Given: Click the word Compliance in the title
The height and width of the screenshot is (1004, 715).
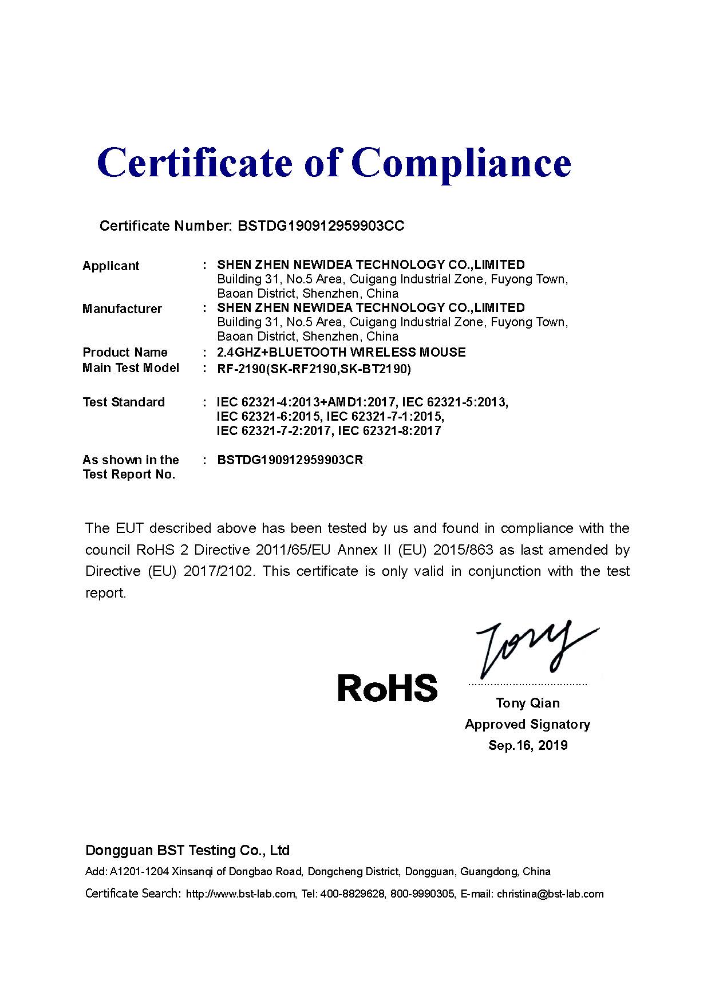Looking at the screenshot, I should [x=464, y=163].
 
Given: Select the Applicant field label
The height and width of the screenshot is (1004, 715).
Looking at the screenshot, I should [x=110, y=266].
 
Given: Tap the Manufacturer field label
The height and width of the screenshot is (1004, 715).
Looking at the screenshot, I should [x=122, y=309].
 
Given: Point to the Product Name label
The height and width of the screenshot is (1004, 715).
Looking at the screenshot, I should [x=125, y=352].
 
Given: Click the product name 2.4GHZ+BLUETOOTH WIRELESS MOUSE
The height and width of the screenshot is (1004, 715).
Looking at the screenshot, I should [x=341, y=352].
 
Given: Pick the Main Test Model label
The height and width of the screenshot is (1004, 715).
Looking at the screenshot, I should [x=131, y=367].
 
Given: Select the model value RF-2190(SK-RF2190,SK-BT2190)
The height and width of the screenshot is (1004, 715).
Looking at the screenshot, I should [x=314, y=369].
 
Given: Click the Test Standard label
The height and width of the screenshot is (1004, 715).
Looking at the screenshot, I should [x=124, y=402].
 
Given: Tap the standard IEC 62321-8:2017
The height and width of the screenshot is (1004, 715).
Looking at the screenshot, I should [x=390, y=430].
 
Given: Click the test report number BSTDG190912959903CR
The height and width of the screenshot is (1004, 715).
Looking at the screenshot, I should [x=290, y=460].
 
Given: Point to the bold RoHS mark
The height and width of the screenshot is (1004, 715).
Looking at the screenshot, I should [x=387, y=687].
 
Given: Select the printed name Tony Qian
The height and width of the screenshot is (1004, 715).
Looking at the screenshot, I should [x=528, y=703].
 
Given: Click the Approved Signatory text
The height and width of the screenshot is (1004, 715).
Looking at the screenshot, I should [x=527, y=724].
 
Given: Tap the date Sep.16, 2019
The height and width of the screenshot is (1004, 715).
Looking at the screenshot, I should [x=528, y=745].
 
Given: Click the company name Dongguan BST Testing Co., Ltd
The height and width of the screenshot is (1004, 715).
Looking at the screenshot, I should [x=187, y=851].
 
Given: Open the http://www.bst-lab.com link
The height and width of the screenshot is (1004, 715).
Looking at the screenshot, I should [x=241, y=894].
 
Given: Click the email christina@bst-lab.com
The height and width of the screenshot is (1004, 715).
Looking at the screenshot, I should [x=550, y=894].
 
